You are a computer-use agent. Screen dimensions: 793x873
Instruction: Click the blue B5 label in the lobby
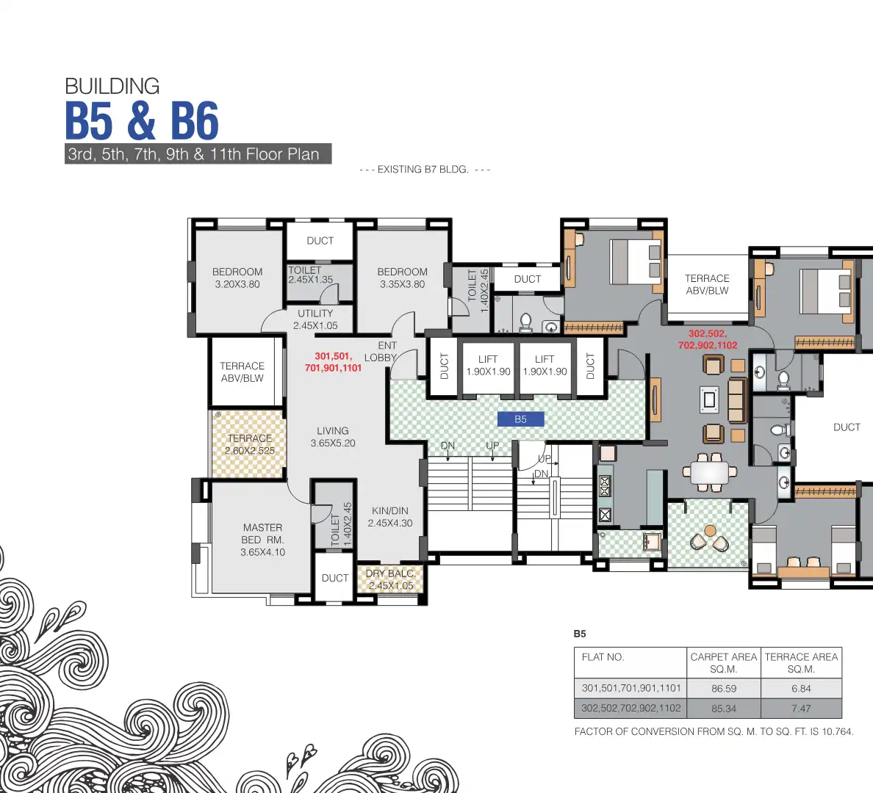(x=520, y=419)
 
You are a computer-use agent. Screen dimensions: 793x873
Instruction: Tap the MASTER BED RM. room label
(x=262, y=540)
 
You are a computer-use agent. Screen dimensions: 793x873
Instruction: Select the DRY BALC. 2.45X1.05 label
(x=390, y=579)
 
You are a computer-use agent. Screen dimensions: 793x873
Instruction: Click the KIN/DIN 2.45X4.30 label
(x=390, y=517)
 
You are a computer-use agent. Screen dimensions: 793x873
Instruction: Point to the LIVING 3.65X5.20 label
(x=333, y=437)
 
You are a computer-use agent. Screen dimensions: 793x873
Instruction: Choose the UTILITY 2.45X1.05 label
(x=315, y=319)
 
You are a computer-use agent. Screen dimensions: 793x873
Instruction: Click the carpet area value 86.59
(x=723, y=689)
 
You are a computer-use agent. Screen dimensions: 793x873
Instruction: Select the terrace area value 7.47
(x=801, y=709)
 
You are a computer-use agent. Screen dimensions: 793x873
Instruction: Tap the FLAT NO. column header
(x=603, y=657)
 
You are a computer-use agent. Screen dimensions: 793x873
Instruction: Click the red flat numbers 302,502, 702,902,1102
(x=707, y=339)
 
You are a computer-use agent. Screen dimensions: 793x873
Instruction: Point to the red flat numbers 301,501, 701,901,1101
(x=333, y=362)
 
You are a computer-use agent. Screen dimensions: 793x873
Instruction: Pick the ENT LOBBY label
(x=382, y=352)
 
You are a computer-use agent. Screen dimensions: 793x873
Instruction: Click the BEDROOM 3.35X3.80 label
(x=402, y=278)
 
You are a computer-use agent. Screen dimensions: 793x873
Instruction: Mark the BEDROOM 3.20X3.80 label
(x=237, y=278)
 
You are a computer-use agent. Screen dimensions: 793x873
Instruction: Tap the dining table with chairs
(x=709, y=472)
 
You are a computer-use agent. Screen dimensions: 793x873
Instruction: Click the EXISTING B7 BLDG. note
(x=424, y=170)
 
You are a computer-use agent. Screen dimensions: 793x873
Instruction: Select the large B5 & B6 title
(x=142, y=121)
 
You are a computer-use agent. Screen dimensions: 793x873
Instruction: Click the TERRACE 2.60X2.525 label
(x=250, y=444)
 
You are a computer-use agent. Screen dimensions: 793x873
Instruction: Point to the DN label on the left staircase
(x=448, y=446)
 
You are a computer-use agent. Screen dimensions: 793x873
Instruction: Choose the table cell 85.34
(x=723, y=709)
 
